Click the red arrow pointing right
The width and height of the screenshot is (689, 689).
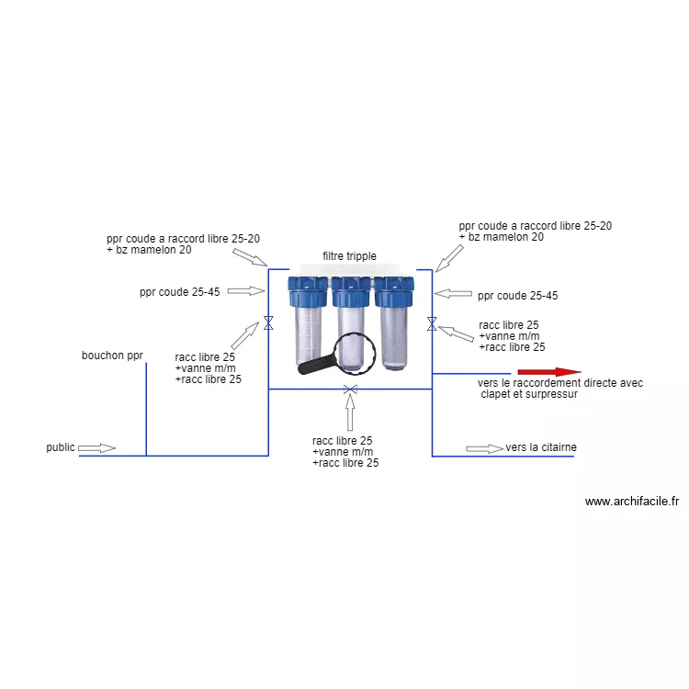[x=548, y=372]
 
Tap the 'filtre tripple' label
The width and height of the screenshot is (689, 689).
[x=349, y=256]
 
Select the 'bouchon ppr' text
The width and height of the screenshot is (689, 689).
[x=112, y=356]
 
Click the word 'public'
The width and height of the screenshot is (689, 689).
[x=61, y=447]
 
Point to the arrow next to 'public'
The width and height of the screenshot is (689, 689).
[x=96, y=448]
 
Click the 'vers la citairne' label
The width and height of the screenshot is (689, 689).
[x=541, y=447]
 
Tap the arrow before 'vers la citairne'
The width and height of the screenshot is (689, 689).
[x=484, y=448]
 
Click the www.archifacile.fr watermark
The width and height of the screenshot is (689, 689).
[x=631, y=502]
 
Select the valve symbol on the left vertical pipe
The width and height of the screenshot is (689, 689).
[x=268, y=323]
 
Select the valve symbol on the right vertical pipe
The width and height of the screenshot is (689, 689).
[x=432, y=323]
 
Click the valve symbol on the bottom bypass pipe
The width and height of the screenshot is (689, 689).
[x=350, y=390]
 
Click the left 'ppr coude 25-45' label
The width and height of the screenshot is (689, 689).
[x=179, y=293]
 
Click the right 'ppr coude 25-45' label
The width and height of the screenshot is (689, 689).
[x=517, y=296]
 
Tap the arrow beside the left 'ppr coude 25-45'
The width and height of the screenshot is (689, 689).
[x=244, y=291]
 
